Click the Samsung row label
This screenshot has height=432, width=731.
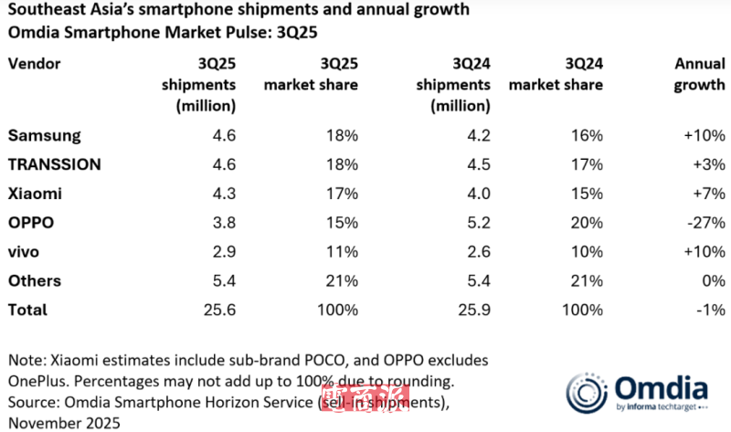45,135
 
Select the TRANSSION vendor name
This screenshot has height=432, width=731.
55,164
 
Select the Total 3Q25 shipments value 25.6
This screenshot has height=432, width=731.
217,311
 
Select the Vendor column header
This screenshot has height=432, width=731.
34,64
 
